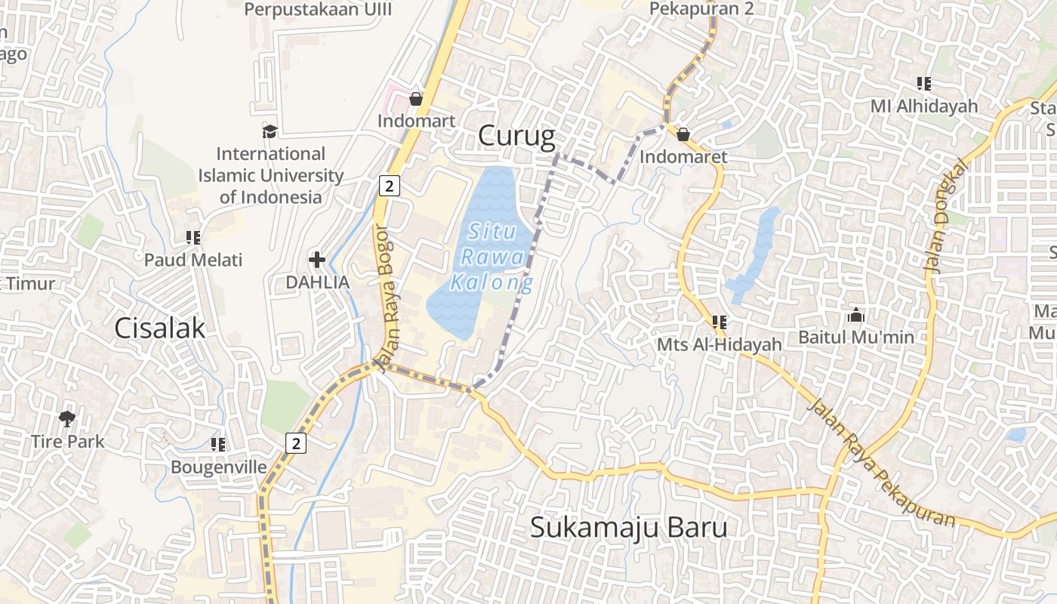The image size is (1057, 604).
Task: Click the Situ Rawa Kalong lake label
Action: pyautogui.click(x=491, y=257)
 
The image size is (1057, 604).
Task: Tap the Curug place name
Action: pyautogui.click(x=516, y=136)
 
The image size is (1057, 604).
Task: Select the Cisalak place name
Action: pyautogui.click(x=160, y=328)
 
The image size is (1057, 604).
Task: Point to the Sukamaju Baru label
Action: pyautogui.click(x=628, y=527)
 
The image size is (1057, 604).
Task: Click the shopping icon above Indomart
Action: pyautogui.click(x=415, y=99)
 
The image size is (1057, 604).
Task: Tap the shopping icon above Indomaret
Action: pyautogui.click(x=683, y=134)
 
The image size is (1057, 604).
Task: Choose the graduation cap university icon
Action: pyautogui.click(x=270, y=132)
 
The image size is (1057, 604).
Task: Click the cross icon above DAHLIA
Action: pyautogui.click(x=317, y=260)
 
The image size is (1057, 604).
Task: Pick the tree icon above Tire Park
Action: pyautogui.click(x=67, y=418)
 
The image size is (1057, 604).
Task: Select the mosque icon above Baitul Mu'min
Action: pyautogui.click(x=855, y=315)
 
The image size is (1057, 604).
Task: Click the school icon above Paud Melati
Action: pyautogui.click(x=193, y=238)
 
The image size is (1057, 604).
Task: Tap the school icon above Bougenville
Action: pyautogui.click(x=218, y=445)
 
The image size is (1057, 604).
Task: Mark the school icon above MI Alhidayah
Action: pyautogui.click(x=923, y=84)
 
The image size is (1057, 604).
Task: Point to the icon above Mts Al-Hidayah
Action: pyautogui.click(x=719, y=322)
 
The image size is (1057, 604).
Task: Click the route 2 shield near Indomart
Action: pyautogui.click(x=388, y=186)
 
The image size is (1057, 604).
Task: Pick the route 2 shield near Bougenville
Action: pyautogui.click(x=296, y=443)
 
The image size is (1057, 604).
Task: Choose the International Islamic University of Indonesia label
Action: pyautogui.click(x=270, y=175)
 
